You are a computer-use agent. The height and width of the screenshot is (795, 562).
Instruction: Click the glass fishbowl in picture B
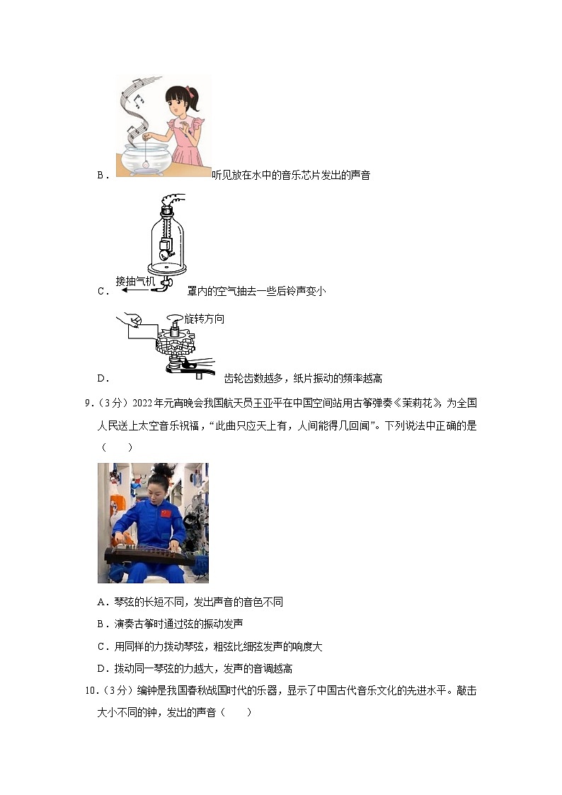[x=146, y=157]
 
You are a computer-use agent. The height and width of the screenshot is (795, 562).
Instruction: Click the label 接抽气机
[x=136, y=280]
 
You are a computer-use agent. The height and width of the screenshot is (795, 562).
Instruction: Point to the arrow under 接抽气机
[x=134, y=290]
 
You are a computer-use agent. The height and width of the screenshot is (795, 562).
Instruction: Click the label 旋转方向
[x=204, y=319]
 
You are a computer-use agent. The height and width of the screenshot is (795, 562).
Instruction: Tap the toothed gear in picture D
[x=173, y=345]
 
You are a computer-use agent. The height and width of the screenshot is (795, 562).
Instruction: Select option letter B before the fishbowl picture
[x=101, y=176]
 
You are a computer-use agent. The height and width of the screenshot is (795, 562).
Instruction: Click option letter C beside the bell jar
[x=101, y=291]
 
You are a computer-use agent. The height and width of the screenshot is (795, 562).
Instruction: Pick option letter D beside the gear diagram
[x=101, y=379]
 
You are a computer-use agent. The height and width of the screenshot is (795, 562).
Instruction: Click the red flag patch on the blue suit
[x=166, y=513]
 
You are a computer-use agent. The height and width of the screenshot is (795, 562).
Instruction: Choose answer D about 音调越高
[x=195, y=668]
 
